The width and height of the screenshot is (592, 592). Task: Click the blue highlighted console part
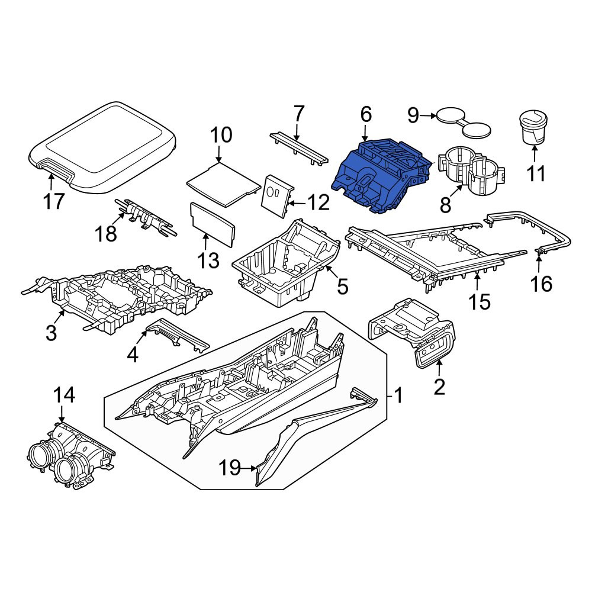tap(381, 176)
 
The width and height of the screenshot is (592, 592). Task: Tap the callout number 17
tap(54, 201)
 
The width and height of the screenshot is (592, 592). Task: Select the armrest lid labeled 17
tap(102, 147)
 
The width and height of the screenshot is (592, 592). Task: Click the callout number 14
tap(64, 395)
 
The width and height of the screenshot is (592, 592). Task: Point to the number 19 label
tap(230, 468)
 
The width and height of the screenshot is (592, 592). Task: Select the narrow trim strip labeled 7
tap(299, 148)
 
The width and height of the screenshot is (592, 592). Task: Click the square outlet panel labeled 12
tap(277, 195)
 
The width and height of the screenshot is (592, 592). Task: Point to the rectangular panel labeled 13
tap(213, 225)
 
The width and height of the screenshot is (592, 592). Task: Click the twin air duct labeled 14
tap(71, 456)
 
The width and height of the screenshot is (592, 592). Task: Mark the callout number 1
tap(398, 395)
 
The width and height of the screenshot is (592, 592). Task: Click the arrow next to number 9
tap(428, 116)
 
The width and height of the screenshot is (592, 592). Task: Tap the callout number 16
tap(541, 284)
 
